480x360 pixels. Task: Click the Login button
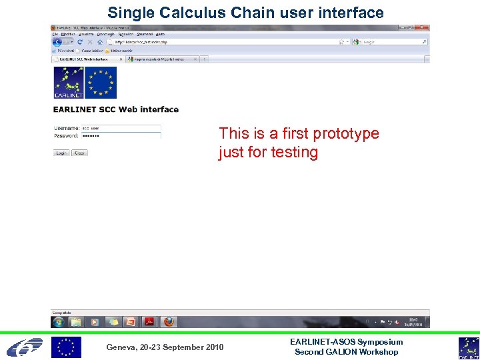tap(61, 153)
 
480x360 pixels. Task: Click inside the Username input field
tap(120, 128)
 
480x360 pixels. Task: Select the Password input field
tap(120, 135)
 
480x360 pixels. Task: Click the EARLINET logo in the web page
tap(67, 83)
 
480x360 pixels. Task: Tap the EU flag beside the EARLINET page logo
tap(101, 83)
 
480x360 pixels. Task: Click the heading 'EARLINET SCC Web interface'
tap(116, 109)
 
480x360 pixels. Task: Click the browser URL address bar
tap(220, 41)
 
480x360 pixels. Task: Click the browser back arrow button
tap(57, 41)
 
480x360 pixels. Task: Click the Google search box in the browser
tap(390, 41)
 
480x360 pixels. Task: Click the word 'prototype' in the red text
tap(346, 133)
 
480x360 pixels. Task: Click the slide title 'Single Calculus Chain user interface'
tap(245, 13)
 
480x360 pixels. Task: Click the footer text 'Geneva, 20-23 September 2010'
tap(165, 347)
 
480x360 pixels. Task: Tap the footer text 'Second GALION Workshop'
tap(346, 352)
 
